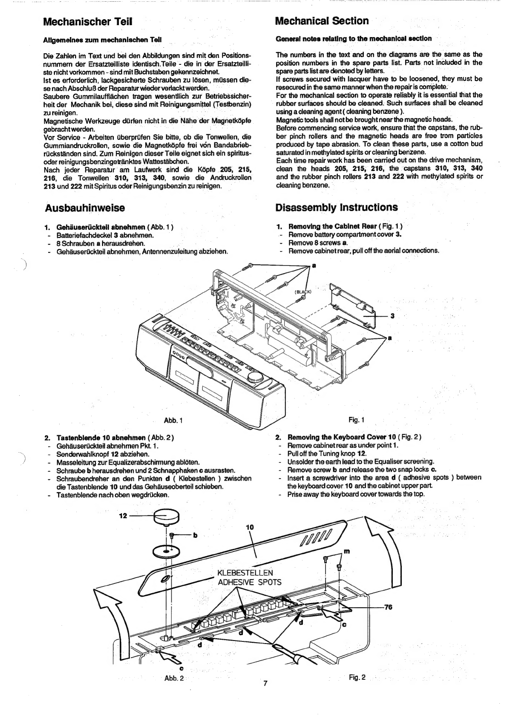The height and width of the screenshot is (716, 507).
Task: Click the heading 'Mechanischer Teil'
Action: pyautogui.click(x=87, y=22)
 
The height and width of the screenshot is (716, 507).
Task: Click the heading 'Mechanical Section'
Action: pyautogui.click(x=322, y=21)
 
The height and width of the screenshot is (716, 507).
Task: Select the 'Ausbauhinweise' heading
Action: pyautogui.click(x=85, y=208)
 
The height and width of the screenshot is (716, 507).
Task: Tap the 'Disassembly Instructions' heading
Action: pyautogui.click(x=337, y=207)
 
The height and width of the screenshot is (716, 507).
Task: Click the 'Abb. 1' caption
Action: pyautogui.click(x=173, y=420)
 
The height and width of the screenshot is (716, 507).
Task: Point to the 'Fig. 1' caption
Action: pyautogui.click(x=357, y=420)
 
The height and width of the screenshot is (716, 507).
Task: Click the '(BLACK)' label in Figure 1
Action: pyautogui.click(x=302, y=292)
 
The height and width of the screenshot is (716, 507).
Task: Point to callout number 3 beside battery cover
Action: pyautogui.click(x=392, y=316)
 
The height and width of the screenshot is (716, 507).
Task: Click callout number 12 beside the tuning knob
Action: pyautogui.click(x=123, y=516)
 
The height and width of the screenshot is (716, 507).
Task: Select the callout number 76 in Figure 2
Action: pyautogui.click(x=388, y=607)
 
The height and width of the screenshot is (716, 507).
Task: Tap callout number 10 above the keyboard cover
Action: pyautogui.click(x=250, y=527)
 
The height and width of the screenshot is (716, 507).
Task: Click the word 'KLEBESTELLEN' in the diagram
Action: pyautogui.click(x=245, y=572)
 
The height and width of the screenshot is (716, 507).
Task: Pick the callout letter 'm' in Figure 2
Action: pyautogui.click(x=347, y=551)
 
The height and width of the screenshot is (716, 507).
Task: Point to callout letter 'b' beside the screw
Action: pyautogui.click(x=195, y=535)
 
